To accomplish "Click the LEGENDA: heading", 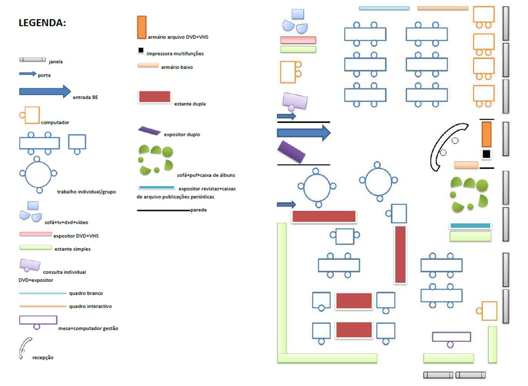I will click(42, 23).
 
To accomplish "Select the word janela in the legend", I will click(56, 62).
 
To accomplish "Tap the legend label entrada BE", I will click(85, 97).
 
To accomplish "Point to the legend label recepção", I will click(43, 357).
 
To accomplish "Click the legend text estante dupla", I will click(190, 104).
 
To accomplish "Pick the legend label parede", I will click(199, 210).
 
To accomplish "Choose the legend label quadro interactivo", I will click(90, 306).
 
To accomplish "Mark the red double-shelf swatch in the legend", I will click(155, 96).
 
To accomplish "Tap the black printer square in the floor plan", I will click(486, 154).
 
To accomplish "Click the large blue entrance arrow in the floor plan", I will click(304, 133).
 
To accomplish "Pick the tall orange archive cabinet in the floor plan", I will click(486, 134).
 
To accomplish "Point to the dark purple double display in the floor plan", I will click(291, 152).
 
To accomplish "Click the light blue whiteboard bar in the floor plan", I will click(384, 8).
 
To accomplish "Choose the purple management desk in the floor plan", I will click(451, 337).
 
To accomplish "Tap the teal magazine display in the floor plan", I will click(470, 225).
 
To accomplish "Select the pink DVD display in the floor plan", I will click(298, 40).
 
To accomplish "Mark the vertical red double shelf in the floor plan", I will click(400, 254).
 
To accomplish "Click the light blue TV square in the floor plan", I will click(298, 14).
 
